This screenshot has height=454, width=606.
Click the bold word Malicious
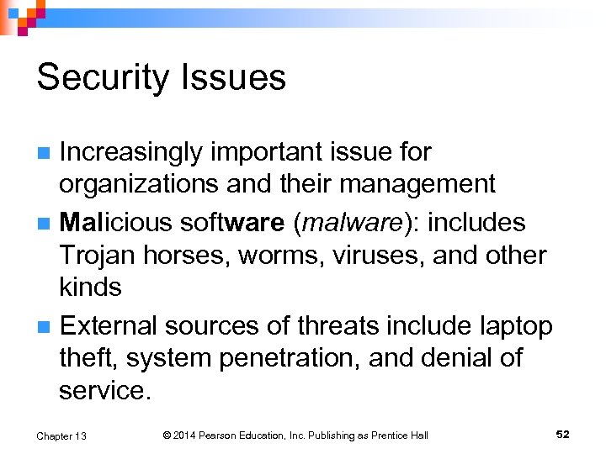[x=117, y=223]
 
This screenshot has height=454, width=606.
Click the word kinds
[x=90, y=287]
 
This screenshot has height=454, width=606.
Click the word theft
[x=88, y=357]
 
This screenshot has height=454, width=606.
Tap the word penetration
[x=290, y=357]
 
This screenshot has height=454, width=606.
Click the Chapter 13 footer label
[x=61, y=436]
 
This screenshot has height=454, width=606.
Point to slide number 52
[x=563, y=434]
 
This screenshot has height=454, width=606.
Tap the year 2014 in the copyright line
[x=189, y=435]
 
